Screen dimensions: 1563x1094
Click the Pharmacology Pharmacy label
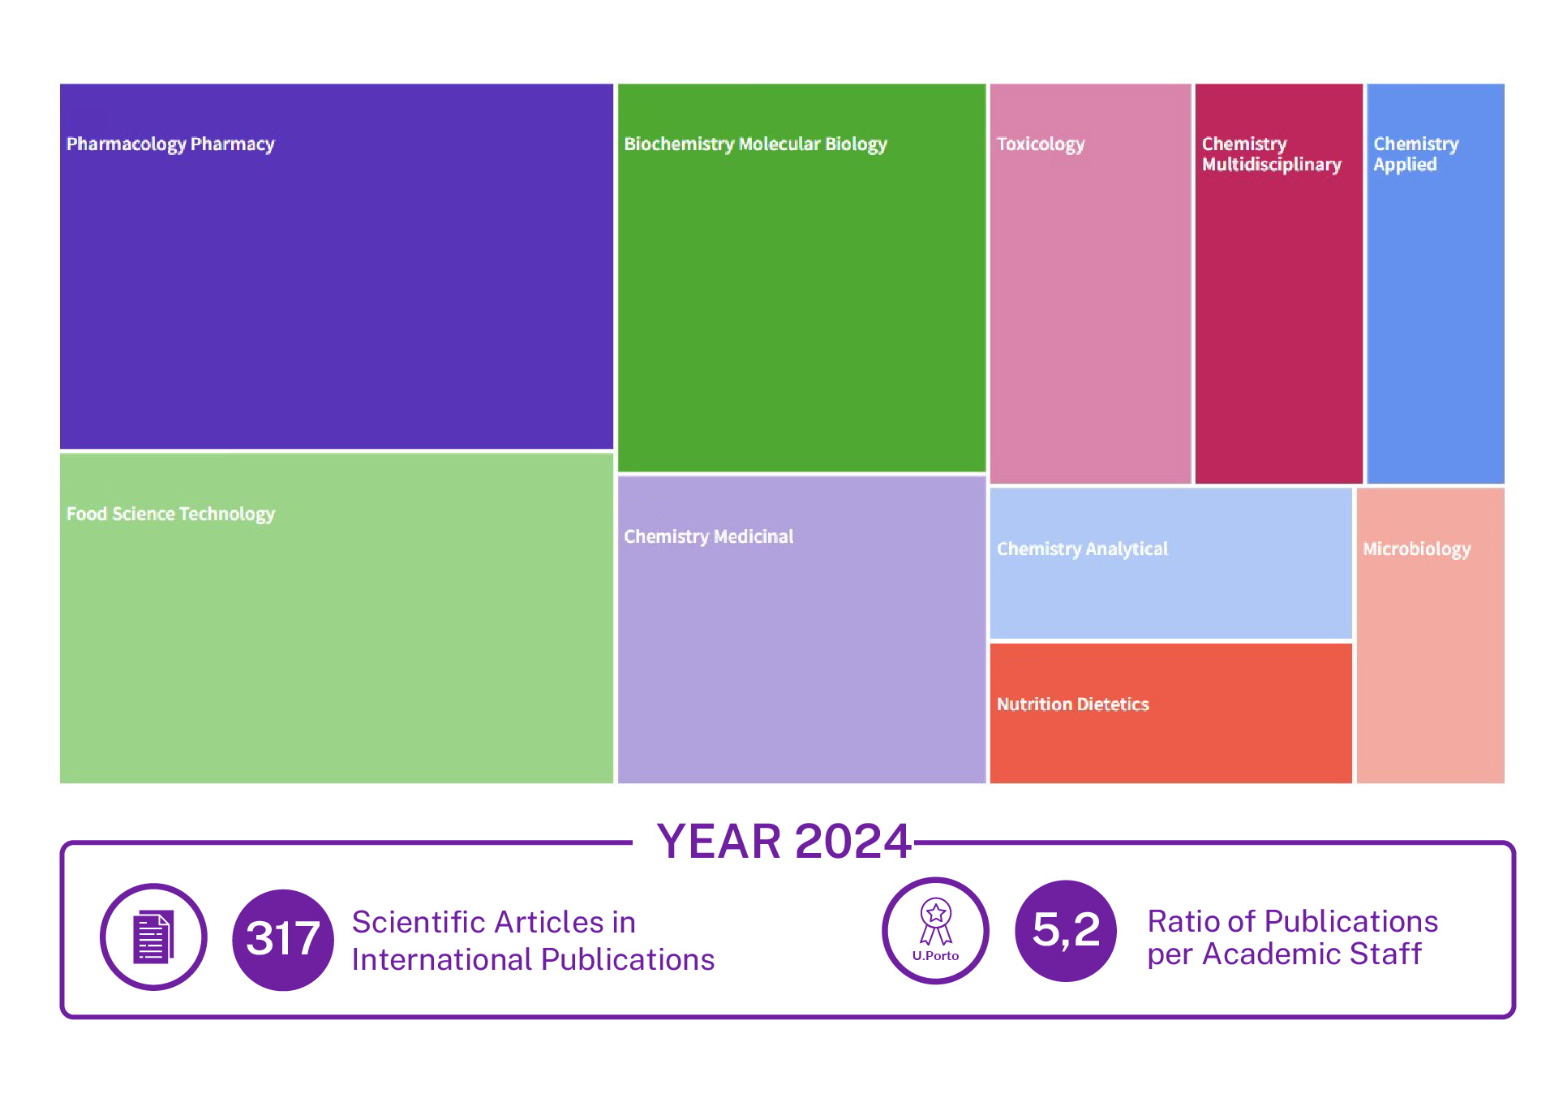pos(170,144)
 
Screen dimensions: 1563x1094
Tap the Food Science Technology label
pos(170,515)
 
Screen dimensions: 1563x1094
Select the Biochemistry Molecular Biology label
pos(755,144)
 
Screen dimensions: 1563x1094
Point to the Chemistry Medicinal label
pos(708,536)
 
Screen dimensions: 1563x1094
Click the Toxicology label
pos(1041,144)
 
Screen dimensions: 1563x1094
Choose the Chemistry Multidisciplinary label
pos(1272,154)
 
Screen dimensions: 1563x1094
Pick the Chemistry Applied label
pos(1416,154)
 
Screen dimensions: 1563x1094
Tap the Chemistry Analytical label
pos(1082,549)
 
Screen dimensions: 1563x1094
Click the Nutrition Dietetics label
pos(1073,704)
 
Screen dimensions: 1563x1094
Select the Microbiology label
pos(1416,549)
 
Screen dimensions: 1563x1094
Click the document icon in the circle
pos(153,937)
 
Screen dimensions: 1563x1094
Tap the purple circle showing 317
pos(283,939)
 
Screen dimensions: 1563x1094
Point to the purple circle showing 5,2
pos(1066,931)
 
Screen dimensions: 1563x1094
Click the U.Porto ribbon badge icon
pos(935,931)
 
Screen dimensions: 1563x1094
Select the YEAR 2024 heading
pos(784,841)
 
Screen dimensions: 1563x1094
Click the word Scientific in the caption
pos(419,923)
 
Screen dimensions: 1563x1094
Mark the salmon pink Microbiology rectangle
pos(1430,635)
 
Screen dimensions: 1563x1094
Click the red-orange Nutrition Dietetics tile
pos(1170,713)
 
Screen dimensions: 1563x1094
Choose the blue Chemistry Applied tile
pos(1435,283)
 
